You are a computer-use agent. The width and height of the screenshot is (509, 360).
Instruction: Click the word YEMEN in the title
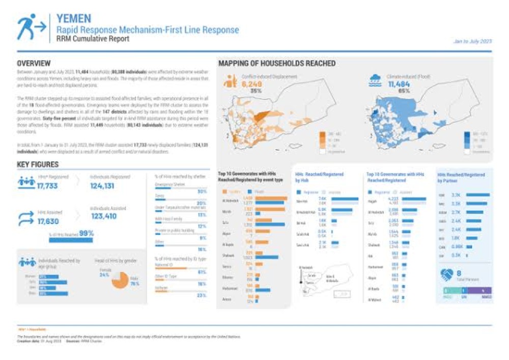point(74,19)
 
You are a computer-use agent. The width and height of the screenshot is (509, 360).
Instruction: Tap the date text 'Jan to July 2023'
point(472,41)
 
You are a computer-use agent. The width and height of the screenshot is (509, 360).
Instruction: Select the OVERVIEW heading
point(34,64)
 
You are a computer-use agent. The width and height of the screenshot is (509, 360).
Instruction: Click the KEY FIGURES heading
point(38,164)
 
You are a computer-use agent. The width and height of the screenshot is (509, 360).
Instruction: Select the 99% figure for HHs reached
point(86,233)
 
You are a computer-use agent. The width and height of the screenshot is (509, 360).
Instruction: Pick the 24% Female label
point(104,274)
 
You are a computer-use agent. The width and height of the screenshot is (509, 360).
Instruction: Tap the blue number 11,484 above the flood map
point(399,84)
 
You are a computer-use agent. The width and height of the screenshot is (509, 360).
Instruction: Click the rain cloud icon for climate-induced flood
point(376,80)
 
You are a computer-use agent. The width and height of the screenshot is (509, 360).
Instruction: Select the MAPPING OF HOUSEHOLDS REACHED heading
point(276,64)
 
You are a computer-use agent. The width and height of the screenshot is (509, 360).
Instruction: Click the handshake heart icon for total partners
point(447,274)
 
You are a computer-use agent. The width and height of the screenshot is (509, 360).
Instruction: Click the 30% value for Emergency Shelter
point(202,191)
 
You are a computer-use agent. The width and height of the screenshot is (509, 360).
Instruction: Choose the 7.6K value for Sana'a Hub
point(322,199)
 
